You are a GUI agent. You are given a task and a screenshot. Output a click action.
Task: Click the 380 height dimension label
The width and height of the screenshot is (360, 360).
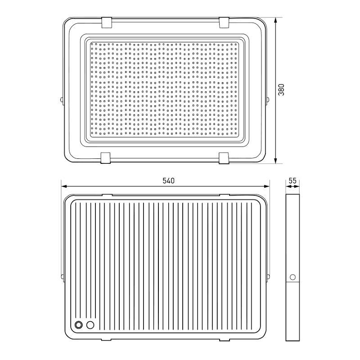281,90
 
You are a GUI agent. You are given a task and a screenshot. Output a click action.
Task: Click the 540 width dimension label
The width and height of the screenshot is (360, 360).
168,181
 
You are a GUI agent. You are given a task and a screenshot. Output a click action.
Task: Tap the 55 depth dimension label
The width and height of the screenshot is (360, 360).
292,181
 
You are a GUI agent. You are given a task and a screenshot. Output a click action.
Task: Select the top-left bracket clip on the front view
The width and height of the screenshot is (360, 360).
106,22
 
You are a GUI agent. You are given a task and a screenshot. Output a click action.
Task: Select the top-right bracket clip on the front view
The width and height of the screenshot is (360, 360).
224,22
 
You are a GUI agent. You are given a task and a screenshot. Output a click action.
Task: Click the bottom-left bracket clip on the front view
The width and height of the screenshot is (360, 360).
106,158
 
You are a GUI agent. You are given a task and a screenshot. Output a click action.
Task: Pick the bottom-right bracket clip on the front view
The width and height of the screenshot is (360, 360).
224,158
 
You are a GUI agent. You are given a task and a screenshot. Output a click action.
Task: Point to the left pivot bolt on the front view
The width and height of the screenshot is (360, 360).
62,99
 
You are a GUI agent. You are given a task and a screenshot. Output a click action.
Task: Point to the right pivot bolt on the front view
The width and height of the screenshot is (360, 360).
268,99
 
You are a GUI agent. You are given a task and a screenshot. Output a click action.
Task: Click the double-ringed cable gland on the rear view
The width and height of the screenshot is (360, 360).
79,325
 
